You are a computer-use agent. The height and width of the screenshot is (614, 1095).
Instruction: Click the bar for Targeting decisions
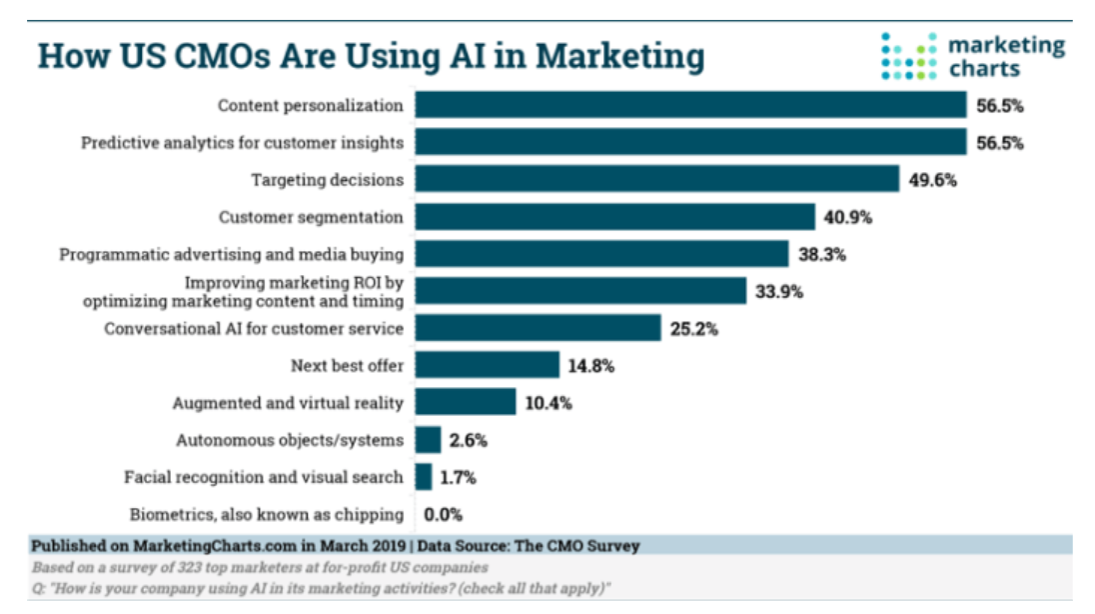[657, 179]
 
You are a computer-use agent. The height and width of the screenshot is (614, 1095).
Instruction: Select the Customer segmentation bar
[614, 217]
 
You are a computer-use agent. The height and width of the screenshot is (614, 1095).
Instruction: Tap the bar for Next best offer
[487, 365]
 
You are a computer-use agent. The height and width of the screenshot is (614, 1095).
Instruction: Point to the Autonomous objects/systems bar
[428, 440]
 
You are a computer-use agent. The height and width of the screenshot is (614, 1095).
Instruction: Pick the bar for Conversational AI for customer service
[538, 328]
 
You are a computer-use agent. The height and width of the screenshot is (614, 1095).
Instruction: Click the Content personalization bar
[690, 105]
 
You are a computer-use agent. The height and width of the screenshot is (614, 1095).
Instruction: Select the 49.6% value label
[933, 180]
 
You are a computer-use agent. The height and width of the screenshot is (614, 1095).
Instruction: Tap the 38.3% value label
[822, 254]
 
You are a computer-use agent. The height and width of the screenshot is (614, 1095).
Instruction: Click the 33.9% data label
[779, 291]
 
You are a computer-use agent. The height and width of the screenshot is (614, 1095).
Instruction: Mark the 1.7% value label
[458, 478]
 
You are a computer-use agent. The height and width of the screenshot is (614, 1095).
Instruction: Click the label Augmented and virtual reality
[288, 403]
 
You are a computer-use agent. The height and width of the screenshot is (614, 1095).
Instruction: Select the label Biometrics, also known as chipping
[267, 515]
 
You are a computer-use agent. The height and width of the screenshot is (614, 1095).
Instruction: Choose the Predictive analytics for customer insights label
[243, 143]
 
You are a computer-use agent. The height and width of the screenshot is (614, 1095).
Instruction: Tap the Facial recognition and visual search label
[264, 478]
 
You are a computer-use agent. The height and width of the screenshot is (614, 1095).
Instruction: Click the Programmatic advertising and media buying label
[232, 254]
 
